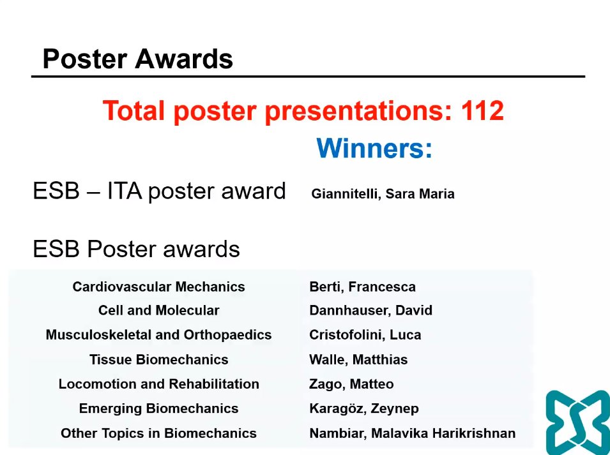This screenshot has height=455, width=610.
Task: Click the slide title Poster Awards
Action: pos(137,59)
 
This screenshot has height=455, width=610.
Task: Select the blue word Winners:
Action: pos(374,149)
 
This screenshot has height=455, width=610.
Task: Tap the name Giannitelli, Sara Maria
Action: pos(383,194)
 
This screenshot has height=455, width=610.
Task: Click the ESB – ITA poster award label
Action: pos(159,191)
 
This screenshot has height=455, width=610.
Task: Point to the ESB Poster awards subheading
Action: pos(136,249)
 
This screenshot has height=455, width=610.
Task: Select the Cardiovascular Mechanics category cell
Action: pos(158,287)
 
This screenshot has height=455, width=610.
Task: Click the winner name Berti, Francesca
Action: pos(362,287)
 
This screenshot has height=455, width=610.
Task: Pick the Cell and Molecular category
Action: pos(158,311)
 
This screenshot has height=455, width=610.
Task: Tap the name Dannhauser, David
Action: pos(370,311)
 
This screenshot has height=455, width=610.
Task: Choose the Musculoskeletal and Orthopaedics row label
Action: pos(158,335)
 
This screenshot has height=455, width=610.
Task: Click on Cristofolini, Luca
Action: pos(365,335)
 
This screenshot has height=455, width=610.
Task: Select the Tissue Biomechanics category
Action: pos(158,359)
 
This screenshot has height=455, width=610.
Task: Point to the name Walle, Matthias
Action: pos(358,359)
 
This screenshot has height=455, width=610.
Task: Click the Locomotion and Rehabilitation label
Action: pos(158,384)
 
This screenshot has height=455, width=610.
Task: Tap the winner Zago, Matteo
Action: pos(351,384)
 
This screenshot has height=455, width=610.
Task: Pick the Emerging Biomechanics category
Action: pos(158,408)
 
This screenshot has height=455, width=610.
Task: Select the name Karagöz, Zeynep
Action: pos(363,408)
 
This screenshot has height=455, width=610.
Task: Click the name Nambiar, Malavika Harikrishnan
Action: pos(412,433)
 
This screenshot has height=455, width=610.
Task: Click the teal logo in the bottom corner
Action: pos(577,422)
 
